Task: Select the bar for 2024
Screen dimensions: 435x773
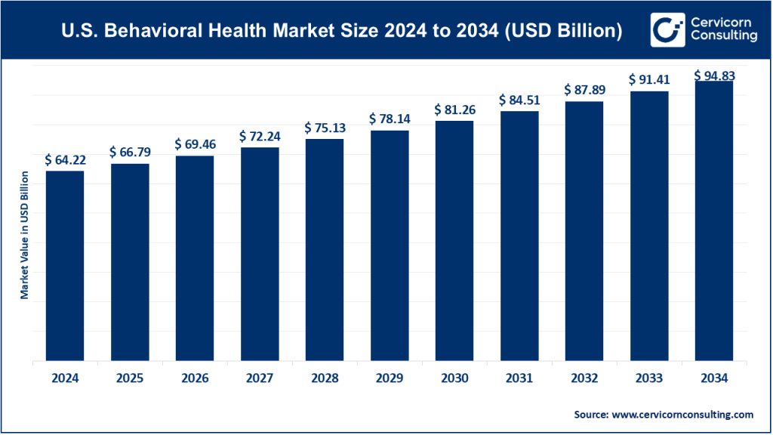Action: click(65, 266)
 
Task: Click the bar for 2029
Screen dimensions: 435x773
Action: click(389, 245)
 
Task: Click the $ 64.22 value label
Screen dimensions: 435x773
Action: click(64, 159)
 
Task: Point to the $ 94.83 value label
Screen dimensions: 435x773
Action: click(714, 76)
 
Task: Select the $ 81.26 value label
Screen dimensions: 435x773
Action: click(454, 110)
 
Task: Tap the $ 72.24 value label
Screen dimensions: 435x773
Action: click(259, 136)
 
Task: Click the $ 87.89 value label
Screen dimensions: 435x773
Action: click(584, 90)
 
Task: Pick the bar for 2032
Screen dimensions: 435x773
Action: click(584, 231)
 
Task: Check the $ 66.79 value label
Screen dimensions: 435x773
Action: click(129, 153)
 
